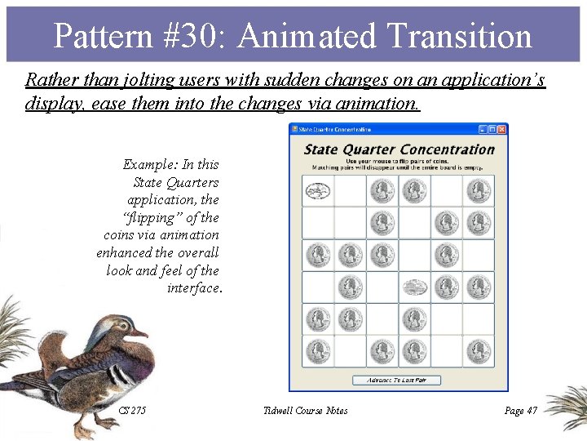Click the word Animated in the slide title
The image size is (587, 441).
coord(309,37)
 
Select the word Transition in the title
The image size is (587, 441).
coord(459,37)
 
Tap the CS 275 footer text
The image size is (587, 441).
coord(132,410)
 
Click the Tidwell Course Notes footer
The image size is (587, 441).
coord(306,410)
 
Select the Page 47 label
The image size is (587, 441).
coord(521,410)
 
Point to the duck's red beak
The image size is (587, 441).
coord(141,332)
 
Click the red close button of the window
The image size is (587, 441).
coord(502,129)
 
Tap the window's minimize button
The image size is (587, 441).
coord(483,129)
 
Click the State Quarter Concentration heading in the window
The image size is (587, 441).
coord(399,149)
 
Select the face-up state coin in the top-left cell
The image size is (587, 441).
coord(317,191)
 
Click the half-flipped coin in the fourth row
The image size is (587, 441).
coord(414,287)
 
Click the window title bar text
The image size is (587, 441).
coord(336,129)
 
